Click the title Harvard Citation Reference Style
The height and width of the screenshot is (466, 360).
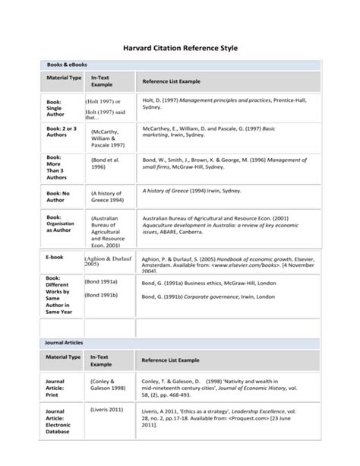click(x=180, y=48)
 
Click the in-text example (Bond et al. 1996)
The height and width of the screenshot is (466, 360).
click(x=106, y=165)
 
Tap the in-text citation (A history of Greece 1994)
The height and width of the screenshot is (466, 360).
click(x=106, y=198)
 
